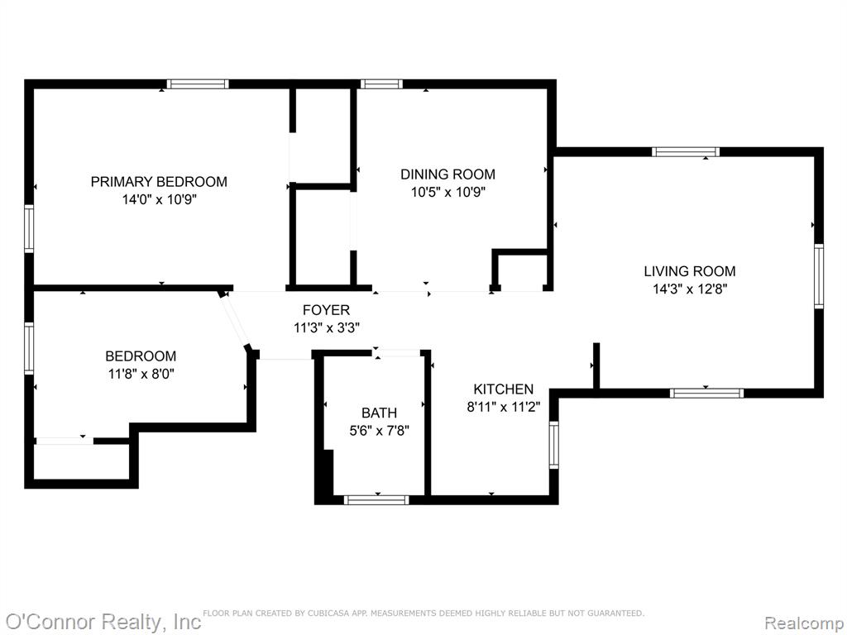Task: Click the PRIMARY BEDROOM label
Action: tap(159, 181)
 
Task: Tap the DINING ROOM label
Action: tap(447, 174)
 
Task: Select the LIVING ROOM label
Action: tap(690, 271)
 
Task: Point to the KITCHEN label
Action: tap(504, 389)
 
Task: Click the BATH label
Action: tap(379, 413)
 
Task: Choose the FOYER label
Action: tap(326, 310)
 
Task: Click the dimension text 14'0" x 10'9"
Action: tap(160, 200)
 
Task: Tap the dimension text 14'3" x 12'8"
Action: tap(691, 289)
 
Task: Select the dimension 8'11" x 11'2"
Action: tap(504, 407)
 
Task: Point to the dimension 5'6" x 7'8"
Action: tap(379, 431)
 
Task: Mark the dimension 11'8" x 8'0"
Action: tap(141, 374)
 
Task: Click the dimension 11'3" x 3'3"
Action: tap(327, 327)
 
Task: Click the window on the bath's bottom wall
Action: tap(376, 500)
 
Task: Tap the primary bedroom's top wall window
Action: tap(198, 84)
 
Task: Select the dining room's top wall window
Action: tap(381, 84)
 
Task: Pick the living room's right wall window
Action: tap(819, 276)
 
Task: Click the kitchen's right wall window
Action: tap(553, 445)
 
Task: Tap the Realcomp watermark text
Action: tap(803, 623)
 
